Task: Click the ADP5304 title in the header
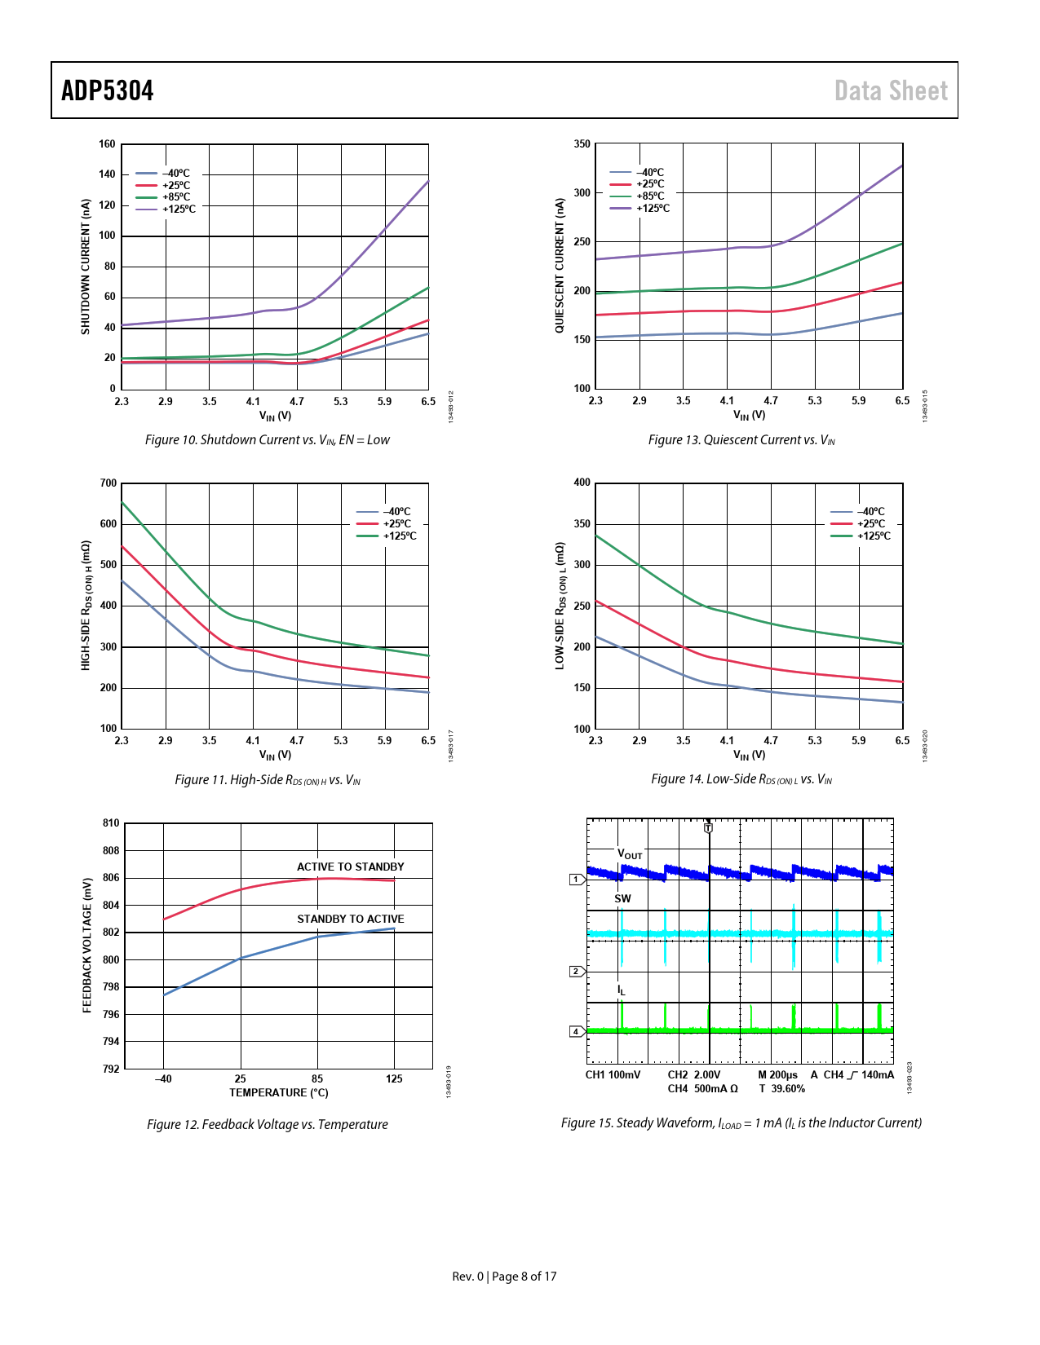pyautogui.click(x=108, y=90)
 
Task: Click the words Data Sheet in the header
pyautogui.click(x=891, y=90)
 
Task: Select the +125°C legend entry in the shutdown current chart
pyautogui.click(x=179, y=209)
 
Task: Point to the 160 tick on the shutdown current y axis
pyautogui.click(x=107, y=144)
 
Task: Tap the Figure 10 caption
pyautogui.click(x=268, y=440)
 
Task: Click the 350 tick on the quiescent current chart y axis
pyautogui.click(x=582, y=144)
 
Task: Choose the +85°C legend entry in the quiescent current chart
pyautogui.click(x=650, y=196)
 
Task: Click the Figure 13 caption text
pyautogui.click(x=741, y=440)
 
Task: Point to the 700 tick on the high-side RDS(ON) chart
pyautogui.click(x=108, y=483)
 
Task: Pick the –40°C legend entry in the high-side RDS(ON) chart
pyautogui.click(x=397, y=512)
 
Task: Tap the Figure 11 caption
pyautogui.click(x=268, y=780)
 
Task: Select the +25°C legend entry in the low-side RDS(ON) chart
pyautogui.click(x=870, y=524)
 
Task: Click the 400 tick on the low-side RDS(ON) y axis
pyautogui.click(x=582, y=483)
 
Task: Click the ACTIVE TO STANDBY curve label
pyautogui.click(x=350, y=867)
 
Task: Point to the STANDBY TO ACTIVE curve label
pyautogui.click(x=350, y=919)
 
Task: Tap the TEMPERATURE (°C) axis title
pyautogui.click(x=279, y=1093)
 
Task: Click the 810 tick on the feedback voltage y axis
pyautogui.click(x=111, y=823)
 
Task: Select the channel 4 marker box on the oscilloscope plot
pyautogui.click(x=576, y=1032)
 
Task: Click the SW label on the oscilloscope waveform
pyautogui.click(x=622, y=899)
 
